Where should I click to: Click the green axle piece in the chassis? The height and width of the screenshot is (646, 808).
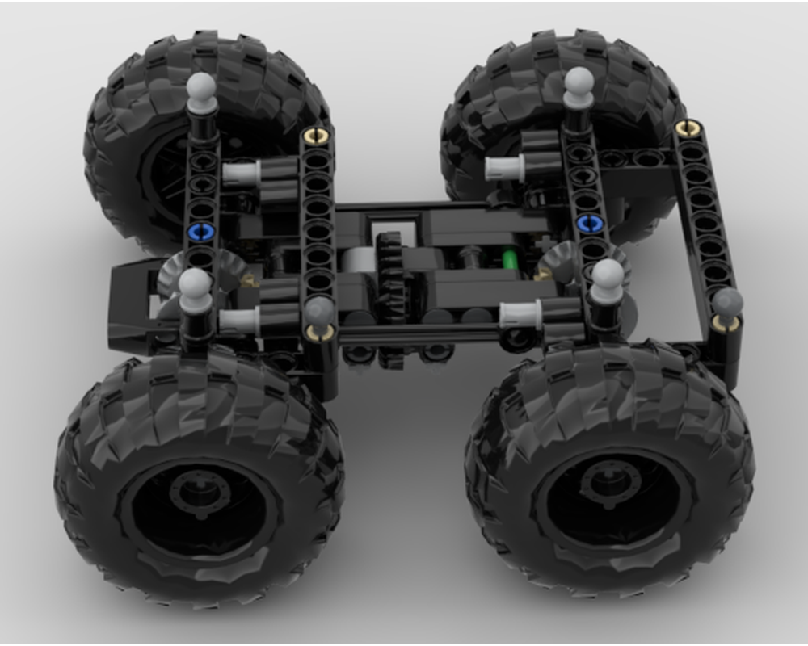(x=510, y=260)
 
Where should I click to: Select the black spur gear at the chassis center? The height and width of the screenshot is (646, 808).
(x=392, y=275)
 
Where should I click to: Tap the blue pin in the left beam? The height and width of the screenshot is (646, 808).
(x=200, y=233)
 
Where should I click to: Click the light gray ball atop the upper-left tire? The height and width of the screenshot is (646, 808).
(x=201, y=86)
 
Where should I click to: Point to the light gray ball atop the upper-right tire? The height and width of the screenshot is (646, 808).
(x=579, y=82)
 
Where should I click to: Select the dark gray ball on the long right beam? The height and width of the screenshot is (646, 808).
(x=727, y=304)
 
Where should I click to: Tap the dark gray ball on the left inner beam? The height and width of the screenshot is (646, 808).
(x=320, y=310)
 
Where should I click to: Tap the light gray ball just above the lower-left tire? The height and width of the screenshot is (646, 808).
(x=196, y=286)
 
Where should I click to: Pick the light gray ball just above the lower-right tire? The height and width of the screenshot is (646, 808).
(x=608, y=277)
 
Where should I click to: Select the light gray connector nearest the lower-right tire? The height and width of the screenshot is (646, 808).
(x=520, y=314)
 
